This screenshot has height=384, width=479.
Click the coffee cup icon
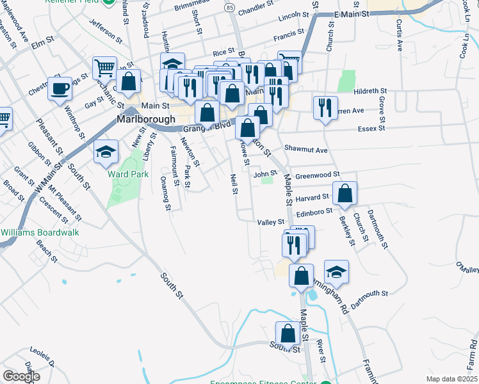(x=60, y=88)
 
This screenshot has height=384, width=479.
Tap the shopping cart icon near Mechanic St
(x=104, y=67)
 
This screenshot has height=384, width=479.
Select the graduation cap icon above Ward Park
(x=106, y=152)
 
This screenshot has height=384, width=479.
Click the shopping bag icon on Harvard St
(x=345, y=193)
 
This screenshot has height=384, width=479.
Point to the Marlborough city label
(x=146, y=120)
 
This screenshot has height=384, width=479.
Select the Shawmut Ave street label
(x=306, y=150)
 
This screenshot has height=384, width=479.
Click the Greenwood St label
(x=316, y=174)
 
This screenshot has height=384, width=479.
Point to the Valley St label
(x=270, y=222)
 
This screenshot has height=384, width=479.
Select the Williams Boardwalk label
(x=40, y=232)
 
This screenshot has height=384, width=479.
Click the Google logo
(x=21, y=376)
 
